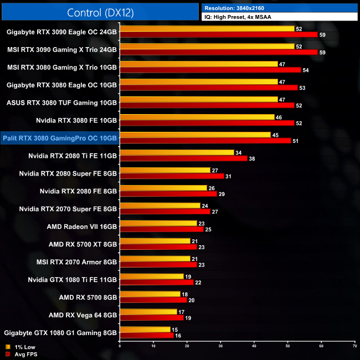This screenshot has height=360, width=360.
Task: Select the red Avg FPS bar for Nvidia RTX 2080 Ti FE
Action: (183, 158)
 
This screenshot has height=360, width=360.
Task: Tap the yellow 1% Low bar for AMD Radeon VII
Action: (158, 223)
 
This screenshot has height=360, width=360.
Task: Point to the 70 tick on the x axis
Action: (354, 346)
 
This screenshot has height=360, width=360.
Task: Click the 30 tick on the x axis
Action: (220, 346)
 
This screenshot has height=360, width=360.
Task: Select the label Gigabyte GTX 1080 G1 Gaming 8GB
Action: (60, 333)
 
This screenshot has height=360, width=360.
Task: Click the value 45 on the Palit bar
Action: (275, 135)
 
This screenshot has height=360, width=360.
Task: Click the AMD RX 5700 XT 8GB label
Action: (83, 244)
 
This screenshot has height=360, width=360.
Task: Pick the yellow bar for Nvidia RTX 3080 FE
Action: (197, 117)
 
